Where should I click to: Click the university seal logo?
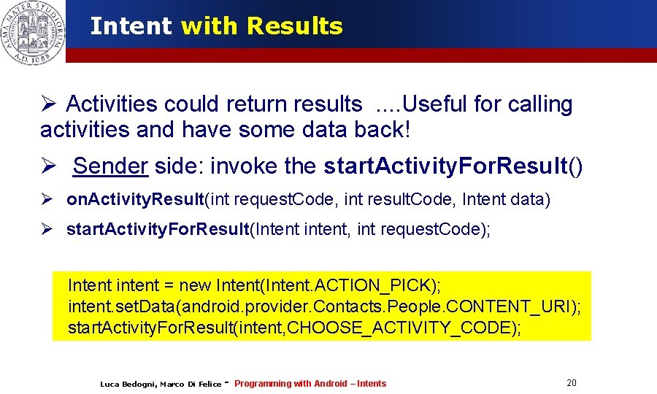pyautogui.click(x=33, y=31)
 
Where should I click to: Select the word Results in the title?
pyautogui.click(x=295, y=26)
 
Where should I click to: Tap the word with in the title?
pyautogui.click(x=209, y=26)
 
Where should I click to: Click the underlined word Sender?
pyautogui.click(x=110, y=166)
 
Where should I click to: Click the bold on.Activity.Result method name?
pyautogui.click(x=135, y=199)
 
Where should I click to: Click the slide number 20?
pyautogui.click(x=571, y=383)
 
